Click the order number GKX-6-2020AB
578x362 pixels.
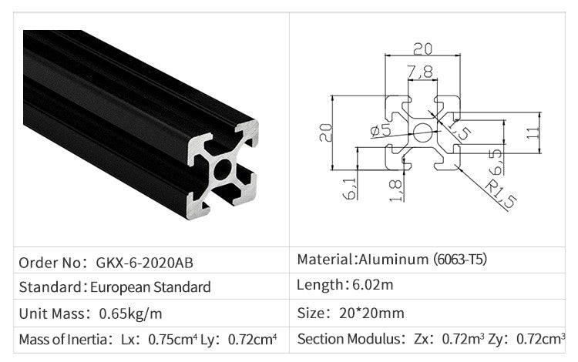146,263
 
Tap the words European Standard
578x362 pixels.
150,287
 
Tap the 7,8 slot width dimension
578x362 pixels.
420,73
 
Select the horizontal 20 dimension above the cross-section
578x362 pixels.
422,49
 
